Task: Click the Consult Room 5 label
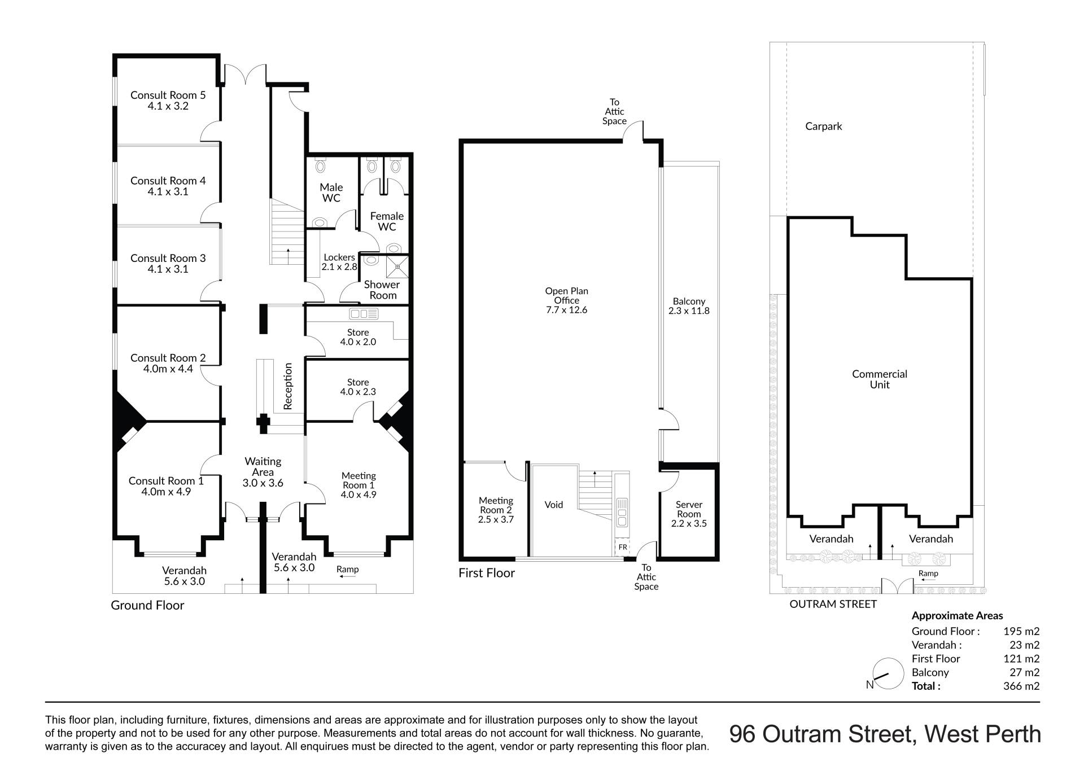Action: [168, 95]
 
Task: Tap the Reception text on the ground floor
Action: [288, 386]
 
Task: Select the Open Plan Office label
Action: [566, 296]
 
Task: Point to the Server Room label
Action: [689, 509]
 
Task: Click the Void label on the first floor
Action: [554, 505]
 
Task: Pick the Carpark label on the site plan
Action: [823, 126]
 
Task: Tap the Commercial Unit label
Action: [880, 379]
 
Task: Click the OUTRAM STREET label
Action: [833, 604]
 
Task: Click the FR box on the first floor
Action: [623, 547]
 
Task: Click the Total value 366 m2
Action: [1021, 686]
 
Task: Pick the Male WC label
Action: [331, 192]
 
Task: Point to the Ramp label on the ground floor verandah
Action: [347, 569]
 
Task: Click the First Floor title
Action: [487, 573]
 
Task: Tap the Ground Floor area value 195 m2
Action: [1021, 632]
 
